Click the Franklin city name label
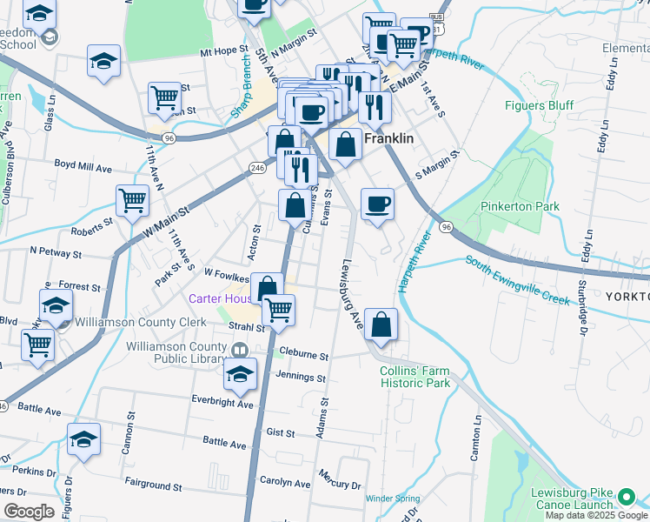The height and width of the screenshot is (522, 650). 388,138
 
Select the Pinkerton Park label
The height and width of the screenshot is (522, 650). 522,206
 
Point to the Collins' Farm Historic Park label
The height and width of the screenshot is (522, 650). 415,377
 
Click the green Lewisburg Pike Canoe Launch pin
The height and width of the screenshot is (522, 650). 626,498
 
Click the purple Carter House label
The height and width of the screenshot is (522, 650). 221,298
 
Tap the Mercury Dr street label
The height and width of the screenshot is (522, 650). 340,484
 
